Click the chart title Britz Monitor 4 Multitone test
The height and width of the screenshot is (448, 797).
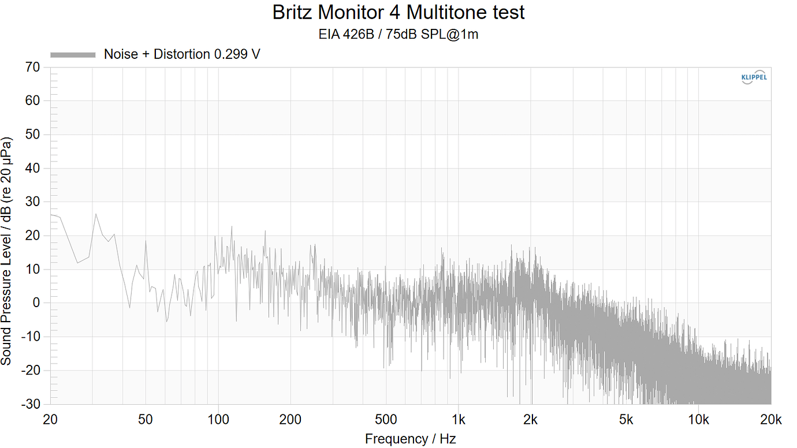[x=398, y=12]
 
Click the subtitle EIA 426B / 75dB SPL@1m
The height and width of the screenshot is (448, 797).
[x=398, y=35]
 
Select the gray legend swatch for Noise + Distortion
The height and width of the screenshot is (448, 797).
[x=73, y=55]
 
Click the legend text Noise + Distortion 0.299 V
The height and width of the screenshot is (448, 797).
[x=182, y=55]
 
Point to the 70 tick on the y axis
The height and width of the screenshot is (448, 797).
[x=33, y=68]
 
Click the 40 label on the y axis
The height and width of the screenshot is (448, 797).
[x=33, y=169]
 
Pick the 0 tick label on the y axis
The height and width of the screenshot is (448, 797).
[x=36, y=303]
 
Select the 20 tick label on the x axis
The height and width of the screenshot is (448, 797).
[x=50, y=420]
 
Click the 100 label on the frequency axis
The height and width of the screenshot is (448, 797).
[x=218, y=420]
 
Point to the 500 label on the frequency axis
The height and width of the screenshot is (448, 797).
[x=386, y=420]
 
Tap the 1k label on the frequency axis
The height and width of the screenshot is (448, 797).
[x=459, y=420]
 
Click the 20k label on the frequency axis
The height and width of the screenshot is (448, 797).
[x=771, y=420]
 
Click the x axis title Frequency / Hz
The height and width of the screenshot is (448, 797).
[x=410, y=439]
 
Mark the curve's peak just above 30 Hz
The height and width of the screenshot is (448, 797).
[x=96, y=214]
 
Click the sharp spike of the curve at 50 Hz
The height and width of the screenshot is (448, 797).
[x=146, y=241]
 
